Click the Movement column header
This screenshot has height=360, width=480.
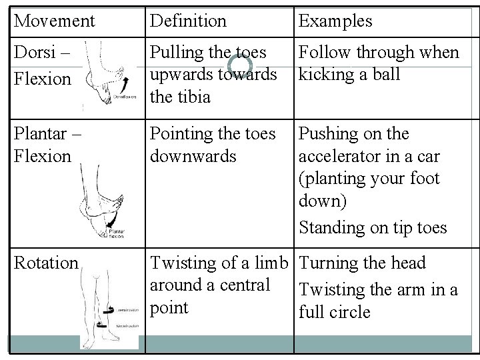click(55, 21)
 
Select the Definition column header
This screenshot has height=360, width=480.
click(188, 21)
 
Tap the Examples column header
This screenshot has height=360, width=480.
click(336, 21)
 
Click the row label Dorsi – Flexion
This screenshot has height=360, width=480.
click(42, 67)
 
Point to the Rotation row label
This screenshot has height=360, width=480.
click(45, 263)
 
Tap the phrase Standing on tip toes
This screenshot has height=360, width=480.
click(373, 227)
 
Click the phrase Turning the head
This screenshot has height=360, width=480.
click(362, 263)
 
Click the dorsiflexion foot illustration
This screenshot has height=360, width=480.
click(107, 77)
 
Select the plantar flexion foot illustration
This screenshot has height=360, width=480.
click(103, 200)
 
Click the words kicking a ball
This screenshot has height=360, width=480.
click(349, 74)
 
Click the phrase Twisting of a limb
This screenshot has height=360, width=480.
click(218, 263)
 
